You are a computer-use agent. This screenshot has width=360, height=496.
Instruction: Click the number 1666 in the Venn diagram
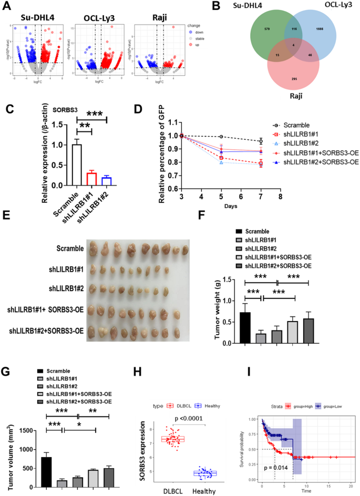pos(320,28)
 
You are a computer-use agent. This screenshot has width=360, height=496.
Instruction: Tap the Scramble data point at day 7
pos(261,141)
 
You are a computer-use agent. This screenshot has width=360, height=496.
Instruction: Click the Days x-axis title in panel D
pos(229,205)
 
